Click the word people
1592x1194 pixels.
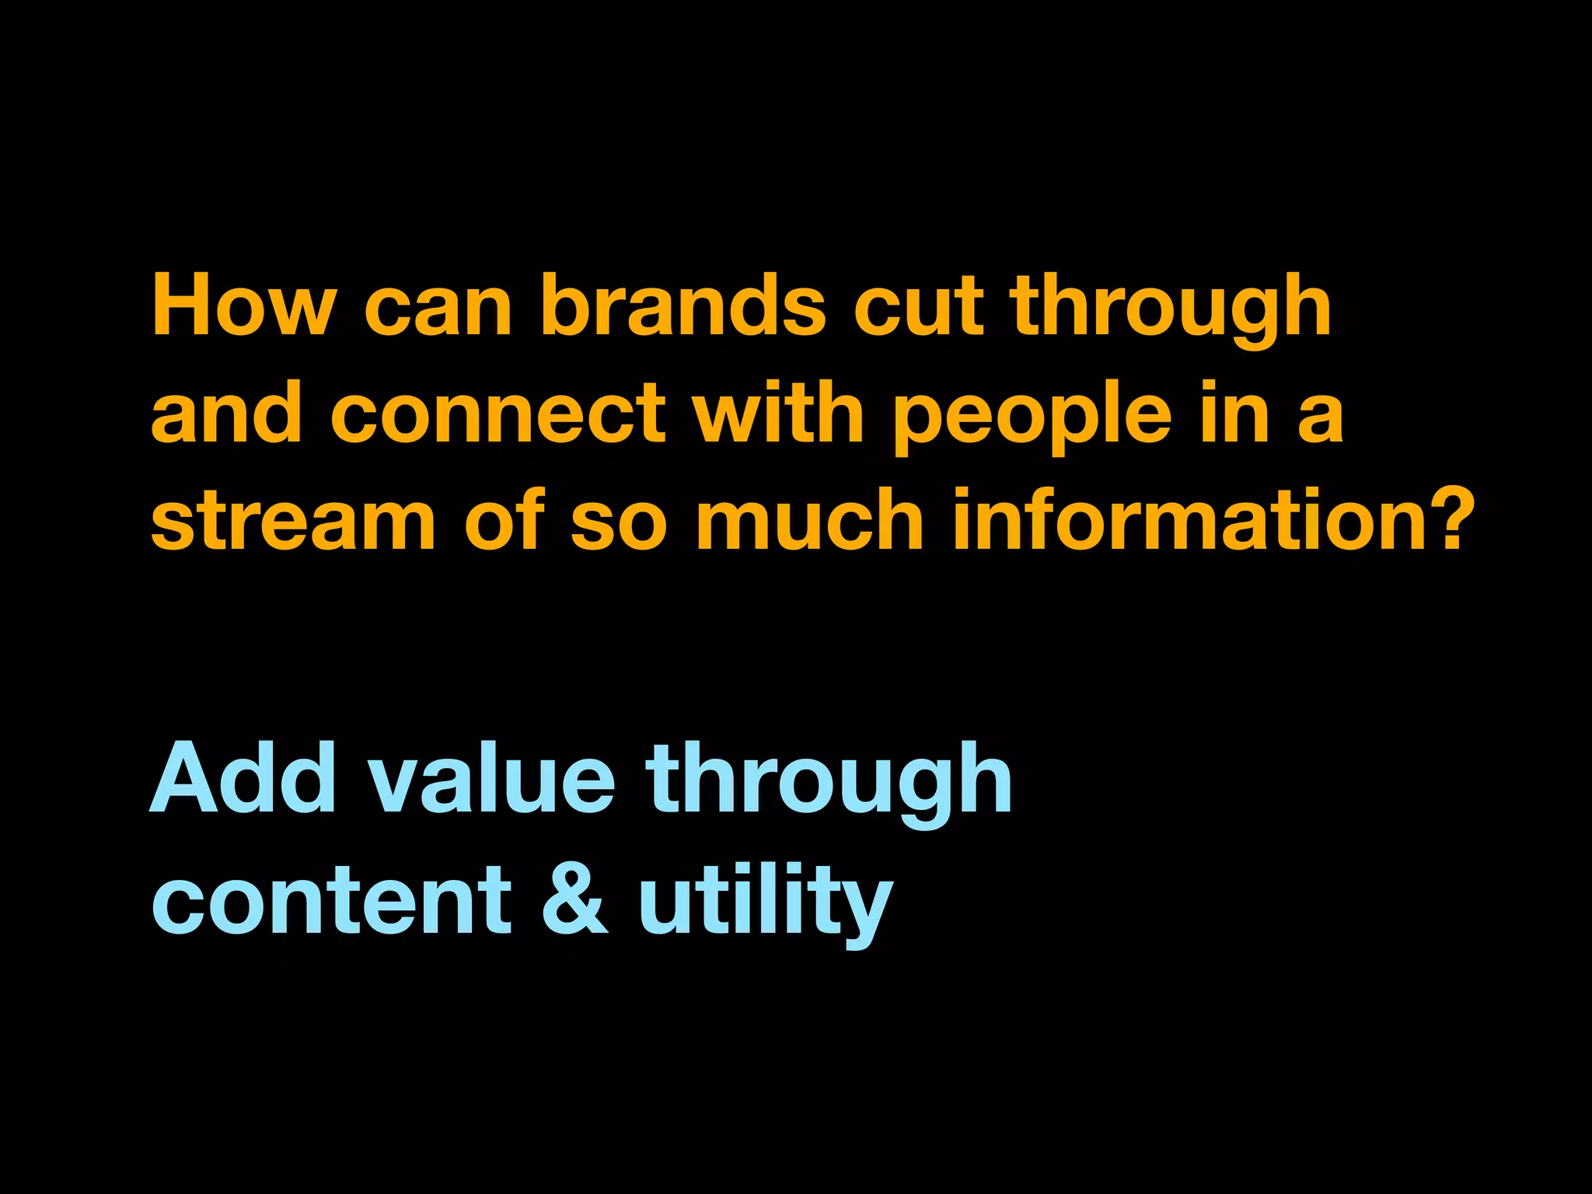[1032, 420]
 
